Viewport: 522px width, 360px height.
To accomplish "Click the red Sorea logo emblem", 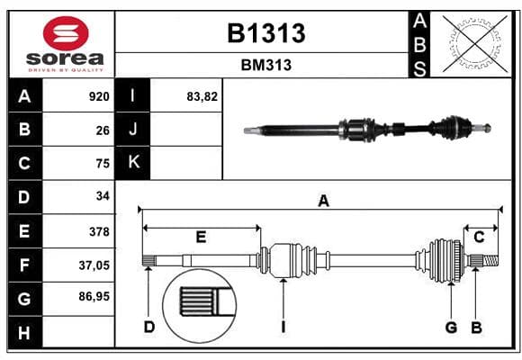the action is pos(66,33).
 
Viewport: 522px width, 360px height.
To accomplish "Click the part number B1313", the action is pos(266,33).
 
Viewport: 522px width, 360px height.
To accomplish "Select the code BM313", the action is pos(266,66).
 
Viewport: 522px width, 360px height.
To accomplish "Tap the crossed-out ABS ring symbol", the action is pos(475,43).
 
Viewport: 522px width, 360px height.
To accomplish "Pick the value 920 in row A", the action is pos(99,96).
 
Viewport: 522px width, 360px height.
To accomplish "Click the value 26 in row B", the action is pos(103,130).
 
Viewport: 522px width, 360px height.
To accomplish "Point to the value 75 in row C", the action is pos(103,164).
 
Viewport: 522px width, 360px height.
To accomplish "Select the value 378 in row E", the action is pos(99,231).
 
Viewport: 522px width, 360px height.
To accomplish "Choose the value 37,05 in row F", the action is pos(94,265).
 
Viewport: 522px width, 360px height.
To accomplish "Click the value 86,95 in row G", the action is pos(94,296).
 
